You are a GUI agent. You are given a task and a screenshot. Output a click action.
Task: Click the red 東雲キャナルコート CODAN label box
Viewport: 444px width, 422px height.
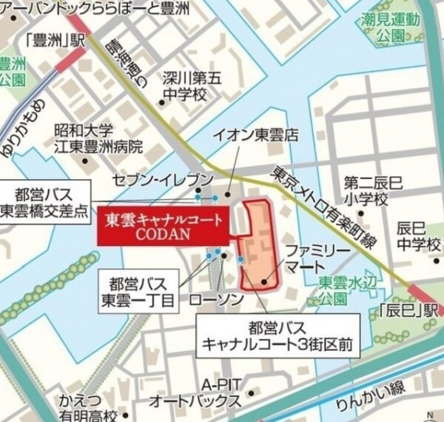pos(165,225)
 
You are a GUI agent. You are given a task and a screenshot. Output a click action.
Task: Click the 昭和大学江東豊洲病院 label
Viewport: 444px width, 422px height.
pos(101,138)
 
